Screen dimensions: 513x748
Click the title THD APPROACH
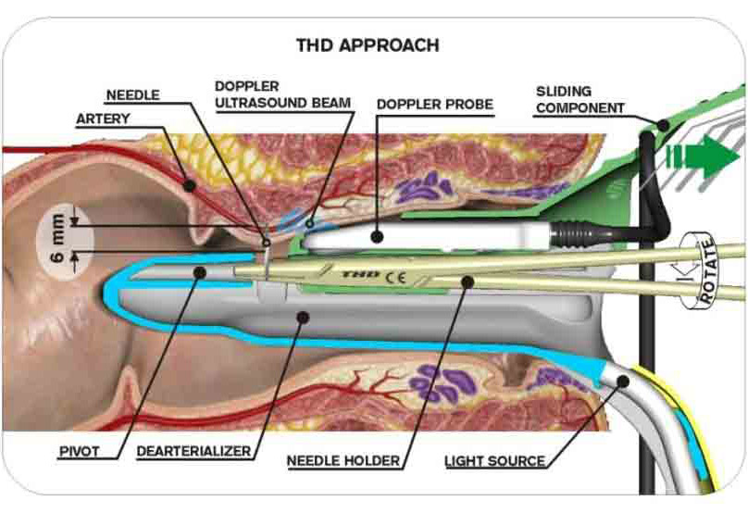(x=367, y=44)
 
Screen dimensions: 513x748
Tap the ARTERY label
(x=103, y=119)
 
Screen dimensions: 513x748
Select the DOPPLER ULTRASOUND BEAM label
(x=282, y=94)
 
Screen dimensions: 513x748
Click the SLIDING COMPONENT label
(x=581, y=99)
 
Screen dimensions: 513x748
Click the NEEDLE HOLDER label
(x=343, y=459)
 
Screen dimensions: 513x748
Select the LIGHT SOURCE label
(x=494, y=459)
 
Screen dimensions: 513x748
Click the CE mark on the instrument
(x=395, y=275)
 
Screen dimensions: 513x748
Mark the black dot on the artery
(x=189, y=184)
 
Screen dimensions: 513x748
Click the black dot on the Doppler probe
(x=377, y=237)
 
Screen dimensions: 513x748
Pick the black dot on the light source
(x=621, y=380)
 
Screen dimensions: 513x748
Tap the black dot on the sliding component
(x=663, y=123)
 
